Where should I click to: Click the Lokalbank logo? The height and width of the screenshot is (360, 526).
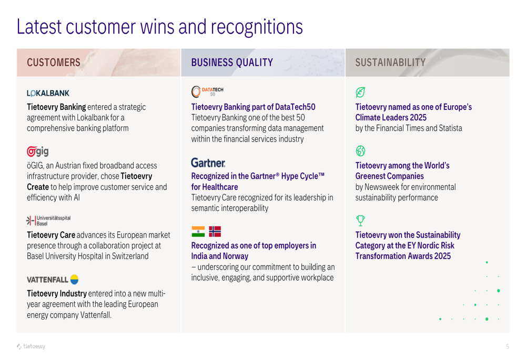pyautogui.click(x=48, y=93)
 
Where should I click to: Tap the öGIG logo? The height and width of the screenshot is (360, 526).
pyautogui.click(x=37, y=151)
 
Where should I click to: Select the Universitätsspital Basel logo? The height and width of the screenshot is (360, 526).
pyautogui.click(x=48, y=221)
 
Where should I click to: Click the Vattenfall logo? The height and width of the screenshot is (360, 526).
pyautogui.click(x=53, y=280)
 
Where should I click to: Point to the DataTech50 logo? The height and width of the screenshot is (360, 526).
pyautogui.click(x=207, y=91)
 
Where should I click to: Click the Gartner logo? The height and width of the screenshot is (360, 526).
pyautogui.click(x=208, y=163)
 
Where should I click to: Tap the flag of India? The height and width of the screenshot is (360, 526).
pyautogui.click(x=198, y=232)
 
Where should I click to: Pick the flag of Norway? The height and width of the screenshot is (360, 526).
pyautogui.click(x=215, y=232)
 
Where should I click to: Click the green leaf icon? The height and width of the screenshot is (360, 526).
pyautogui.click(x=360, y=92)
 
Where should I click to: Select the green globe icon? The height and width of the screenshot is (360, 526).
pyautogui.click(x=360, y=151)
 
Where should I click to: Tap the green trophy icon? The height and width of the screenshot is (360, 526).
pyautogui.click(x=360, y=221)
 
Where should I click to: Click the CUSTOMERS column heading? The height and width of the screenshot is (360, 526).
pyautogui.click(x=54, y=63)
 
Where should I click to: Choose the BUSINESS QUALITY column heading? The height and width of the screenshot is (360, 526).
pyautogui.click(x=232, y=63)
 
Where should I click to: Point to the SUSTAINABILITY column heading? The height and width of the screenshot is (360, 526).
pyautogui.click(x=390, y=63)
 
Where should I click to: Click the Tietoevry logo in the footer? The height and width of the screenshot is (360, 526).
pyautogui.click(x=31, y=346)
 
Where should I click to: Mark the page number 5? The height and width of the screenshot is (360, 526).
pyautogui.click(x=508, y=346)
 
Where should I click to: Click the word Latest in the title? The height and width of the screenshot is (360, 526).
pyautogui.click(x=39, y=27)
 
